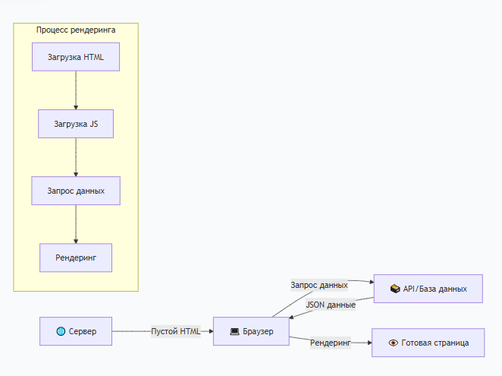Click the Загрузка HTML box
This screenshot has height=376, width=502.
76,57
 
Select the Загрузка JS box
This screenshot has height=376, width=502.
76,124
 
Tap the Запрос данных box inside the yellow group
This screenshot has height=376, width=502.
76,191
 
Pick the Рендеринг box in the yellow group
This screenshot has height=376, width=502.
76,258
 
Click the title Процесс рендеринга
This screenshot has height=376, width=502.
76,30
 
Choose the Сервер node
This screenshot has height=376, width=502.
76,331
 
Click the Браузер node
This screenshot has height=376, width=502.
250,331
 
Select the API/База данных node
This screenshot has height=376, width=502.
428,289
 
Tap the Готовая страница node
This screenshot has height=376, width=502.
428,343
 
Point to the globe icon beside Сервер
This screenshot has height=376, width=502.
61,331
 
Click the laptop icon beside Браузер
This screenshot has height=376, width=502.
235,331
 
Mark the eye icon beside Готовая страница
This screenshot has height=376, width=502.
393,343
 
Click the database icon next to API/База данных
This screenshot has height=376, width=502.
394,289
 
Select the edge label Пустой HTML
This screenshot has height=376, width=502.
176,331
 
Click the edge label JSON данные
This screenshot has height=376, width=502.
331,305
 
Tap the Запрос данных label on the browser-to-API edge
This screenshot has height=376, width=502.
318,285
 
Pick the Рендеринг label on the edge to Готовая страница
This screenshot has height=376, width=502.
330,343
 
